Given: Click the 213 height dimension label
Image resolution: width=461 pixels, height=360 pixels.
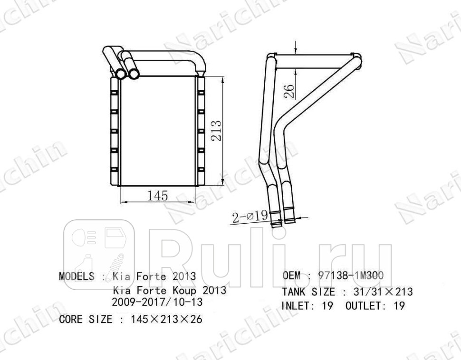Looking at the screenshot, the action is click(216, 131).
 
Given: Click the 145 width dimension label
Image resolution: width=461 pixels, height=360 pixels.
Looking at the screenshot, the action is click(157, 195).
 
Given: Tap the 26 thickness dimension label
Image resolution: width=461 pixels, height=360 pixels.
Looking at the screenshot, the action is click(289, 91).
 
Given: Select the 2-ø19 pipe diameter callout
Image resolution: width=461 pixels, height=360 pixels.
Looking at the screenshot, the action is click(250, 217).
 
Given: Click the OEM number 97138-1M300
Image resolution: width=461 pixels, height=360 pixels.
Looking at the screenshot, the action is click(351, 275).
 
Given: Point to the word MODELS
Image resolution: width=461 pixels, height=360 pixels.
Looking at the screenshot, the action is click(77, 276).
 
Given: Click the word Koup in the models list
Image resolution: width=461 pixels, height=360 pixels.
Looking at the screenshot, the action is click(185, 290).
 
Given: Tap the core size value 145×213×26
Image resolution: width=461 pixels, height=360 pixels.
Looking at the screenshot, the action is click(166, 319).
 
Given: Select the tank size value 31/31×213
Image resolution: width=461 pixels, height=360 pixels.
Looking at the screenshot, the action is click(383, 292).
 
